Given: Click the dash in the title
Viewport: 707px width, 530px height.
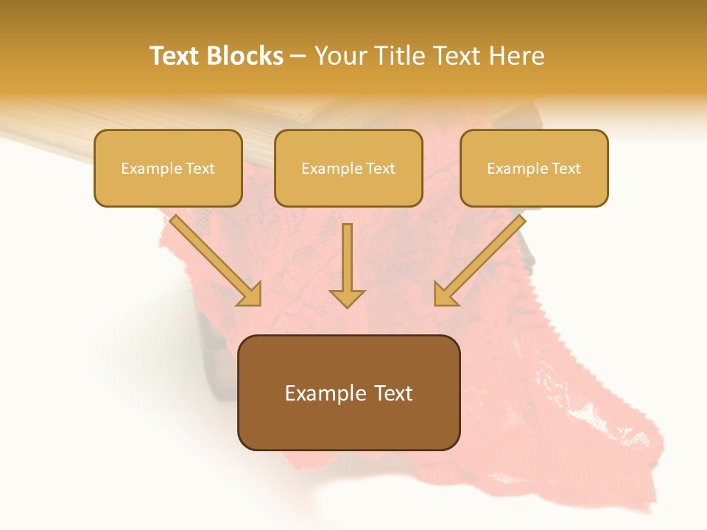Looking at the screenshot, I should [x=298, y=57].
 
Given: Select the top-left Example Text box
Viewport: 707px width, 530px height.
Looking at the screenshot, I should [x=168, y=168].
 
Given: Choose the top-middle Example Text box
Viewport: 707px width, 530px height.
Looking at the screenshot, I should [x=348, y=168].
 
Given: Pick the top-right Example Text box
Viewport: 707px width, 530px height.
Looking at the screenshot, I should [x=534, y=168].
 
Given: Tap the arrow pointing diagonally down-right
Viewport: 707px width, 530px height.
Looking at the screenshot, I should [x=214, y=259].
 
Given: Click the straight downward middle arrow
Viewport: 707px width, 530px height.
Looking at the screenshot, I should [x=347, y=261].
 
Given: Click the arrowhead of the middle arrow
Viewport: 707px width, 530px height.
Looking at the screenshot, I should [x=347, y=297].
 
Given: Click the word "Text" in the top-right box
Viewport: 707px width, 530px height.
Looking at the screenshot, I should [x=566, y=169].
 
